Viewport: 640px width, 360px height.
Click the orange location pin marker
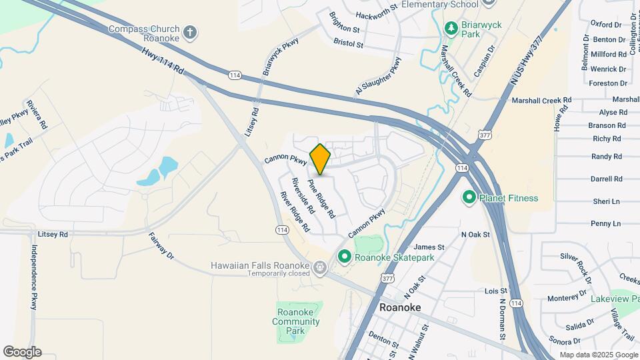pyautogui.click(x=320, y=159)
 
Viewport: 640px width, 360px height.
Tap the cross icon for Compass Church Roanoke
pyautogui.click(x=190, y=31)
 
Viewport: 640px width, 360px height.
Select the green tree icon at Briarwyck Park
pyautogui.click(x=451, y=27)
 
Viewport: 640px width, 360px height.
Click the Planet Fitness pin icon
pyautogui.click(x=469, y=197)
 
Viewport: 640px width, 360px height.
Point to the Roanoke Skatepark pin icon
pyautogui.click(x=345, y=256)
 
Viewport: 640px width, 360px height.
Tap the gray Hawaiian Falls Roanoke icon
pyautogui.click(x=320, y=269)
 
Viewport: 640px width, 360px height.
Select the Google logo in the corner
pyautogui.click(x=22, y=352)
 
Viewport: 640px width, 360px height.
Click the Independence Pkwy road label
pyautogui.click(x=33, y=277)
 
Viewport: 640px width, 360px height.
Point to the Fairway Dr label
pyautogui.click(x=161, y=246)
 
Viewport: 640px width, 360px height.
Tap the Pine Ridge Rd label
pyautogui.click(x=321, y=198)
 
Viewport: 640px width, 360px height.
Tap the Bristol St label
pyautogui.click(x=349, y=45)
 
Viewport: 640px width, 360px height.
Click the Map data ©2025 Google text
pyautogui.click(x=599, y=355)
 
